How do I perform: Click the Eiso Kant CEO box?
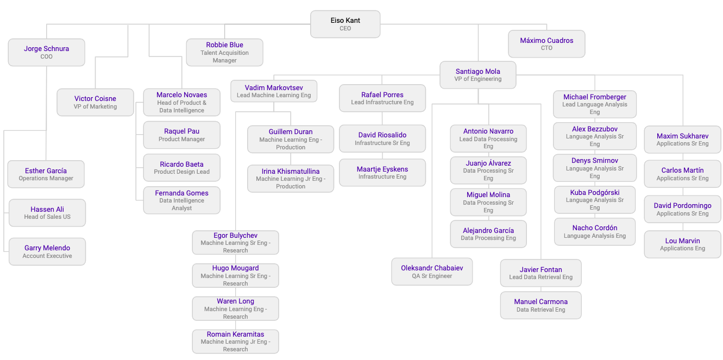[345, 24]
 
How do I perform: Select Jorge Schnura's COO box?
[46, 52]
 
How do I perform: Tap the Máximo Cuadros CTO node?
[546, 44]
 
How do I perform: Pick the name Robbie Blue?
[224, 45]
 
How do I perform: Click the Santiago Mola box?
[478, 75]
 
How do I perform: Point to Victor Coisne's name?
[95, 99]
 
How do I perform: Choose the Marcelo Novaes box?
[181, 103]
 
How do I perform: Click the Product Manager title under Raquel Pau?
[181, 140]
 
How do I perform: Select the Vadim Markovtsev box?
[274, 91]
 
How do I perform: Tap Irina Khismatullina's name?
[291, 172]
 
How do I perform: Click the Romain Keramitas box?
[235, 342]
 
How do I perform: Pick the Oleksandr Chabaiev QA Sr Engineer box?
[432, 271]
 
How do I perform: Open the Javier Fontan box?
[540, 273]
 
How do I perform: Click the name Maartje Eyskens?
[382, 169]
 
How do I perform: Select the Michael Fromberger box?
[594, 104]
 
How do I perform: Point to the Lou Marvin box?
[682, 244]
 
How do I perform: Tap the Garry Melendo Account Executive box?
[47, 251]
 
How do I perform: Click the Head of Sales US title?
[47, 217]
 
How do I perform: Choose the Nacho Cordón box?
[594, 232]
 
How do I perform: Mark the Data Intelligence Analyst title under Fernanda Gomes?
[181, 204]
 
